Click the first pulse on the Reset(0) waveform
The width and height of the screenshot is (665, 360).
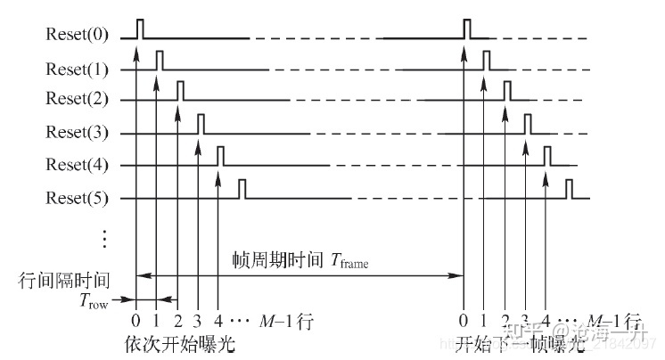click(138, 29)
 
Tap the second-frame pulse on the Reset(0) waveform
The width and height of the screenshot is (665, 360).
click(466, 29)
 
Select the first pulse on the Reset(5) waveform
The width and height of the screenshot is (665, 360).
click(241, 189)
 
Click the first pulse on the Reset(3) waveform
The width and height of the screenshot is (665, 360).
click(201, 124)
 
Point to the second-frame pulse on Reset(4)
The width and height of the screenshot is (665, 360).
click(546, 156)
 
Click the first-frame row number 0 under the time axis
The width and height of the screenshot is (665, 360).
click(135, 322)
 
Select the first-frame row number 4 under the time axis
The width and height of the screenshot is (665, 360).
click(218, 322)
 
